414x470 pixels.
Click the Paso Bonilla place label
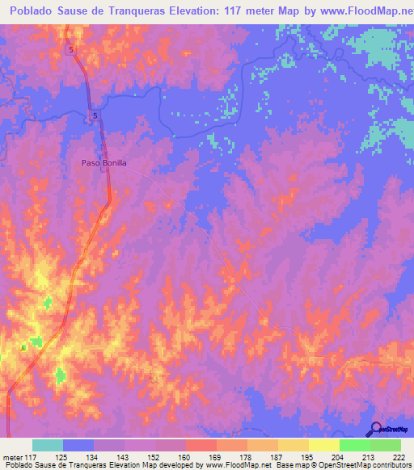pyautogui.click(x=104, y=162)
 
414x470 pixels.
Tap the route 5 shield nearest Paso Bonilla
pyautogui.click(x=95, y=116)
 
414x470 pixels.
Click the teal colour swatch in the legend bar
pyautogui.click(x=48, y=446)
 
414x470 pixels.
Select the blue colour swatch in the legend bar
pyautogui.click(x=78, y=446)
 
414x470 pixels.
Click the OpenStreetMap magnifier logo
pyautogui.click(x=376, y=428)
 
